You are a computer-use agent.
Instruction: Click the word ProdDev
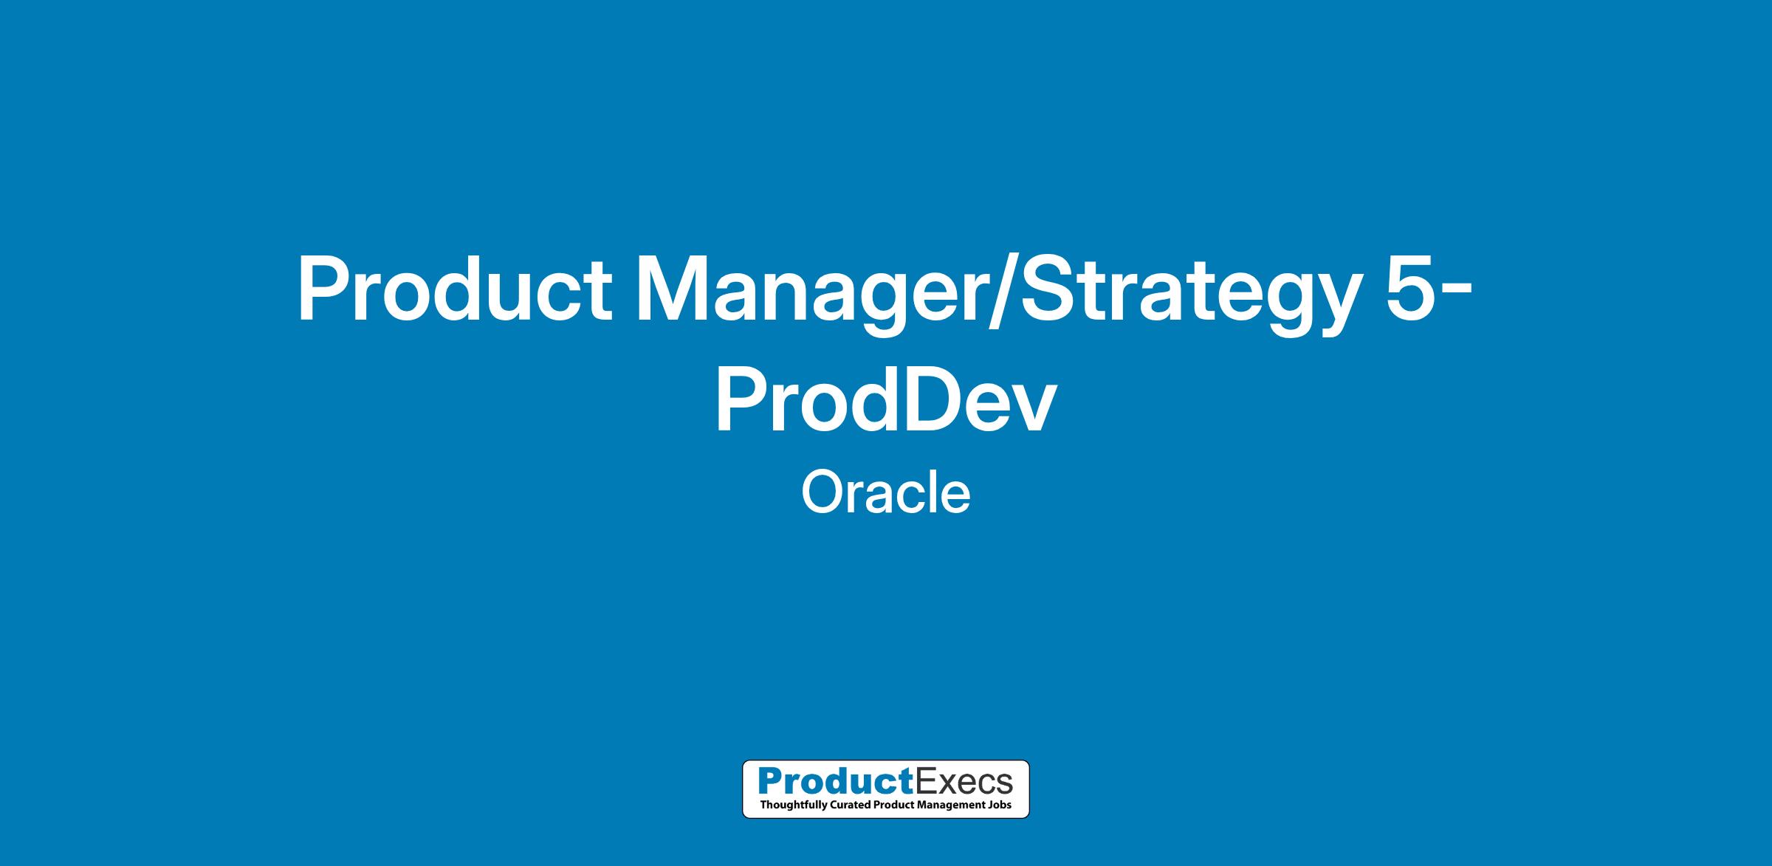(x=885, y=399)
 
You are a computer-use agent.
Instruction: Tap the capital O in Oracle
(x=823, y=493)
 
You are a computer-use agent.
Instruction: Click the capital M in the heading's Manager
(x=673, y=289)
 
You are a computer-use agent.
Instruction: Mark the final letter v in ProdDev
(x=1031, y=408)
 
